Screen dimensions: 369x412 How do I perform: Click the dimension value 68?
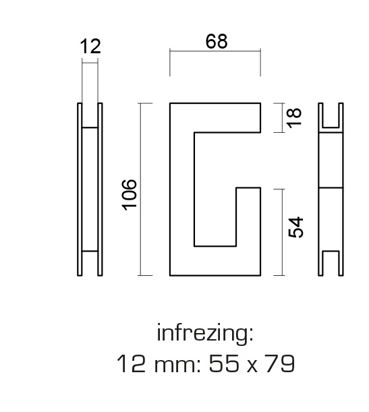(217, 42)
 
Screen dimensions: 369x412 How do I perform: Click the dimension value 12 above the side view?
(90, 47)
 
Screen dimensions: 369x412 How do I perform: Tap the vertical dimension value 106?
(130, 195)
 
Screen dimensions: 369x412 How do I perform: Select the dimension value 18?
(294, 118)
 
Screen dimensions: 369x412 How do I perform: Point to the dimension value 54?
(296, 227)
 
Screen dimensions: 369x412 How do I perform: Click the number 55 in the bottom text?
(225, 363)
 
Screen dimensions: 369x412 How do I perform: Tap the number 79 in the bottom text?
(280, 363)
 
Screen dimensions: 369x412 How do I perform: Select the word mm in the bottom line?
(177, 365)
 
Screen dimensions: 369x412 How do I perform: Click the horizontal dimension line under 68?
(215, 51)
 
